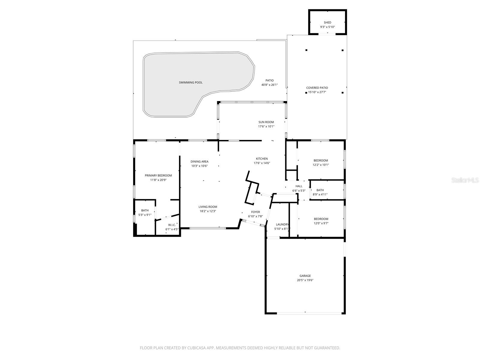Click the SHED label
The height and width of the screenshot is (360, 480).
point(327,22)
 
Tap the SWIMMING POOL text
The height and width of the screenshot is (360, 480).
point(190,82)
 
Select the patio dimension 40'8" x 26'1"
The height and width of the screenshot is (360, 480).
point(269,85)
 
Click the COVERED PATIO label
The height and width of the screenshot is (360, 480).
point(317,88)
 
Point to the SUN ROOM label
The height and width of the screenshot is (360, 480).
point(266,122)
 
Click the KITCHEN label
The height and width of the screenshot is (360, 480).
point(262,159)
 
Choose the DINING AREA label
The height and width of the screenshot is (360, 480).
point(199,162)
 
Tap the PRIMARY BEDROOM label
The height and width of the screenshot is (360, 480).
point(158,175)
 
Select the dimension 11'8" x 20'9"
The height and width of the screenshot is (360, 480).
point(158,180)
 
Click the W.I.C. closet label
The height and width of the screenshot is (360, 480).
point(172,225)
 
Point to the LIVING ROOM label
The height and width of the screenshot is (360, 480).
point(208,207)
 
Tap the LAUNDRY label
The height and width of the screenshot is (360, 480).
point(282,224)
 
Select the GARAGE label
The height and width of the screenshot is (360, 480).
point(305,276)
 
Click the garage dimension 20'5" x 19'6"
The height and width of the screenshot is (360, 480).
point(305,280)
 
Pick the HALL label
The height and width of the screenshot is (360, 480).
point(299,186)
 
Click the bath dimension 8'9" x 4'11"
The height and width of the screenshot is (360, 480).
point(320,194)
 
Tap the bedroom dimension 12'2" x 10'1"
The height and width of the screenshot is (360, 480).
point(321,165)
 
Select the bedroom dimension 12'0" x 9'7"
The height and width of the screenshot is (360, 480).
point(321,223)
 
